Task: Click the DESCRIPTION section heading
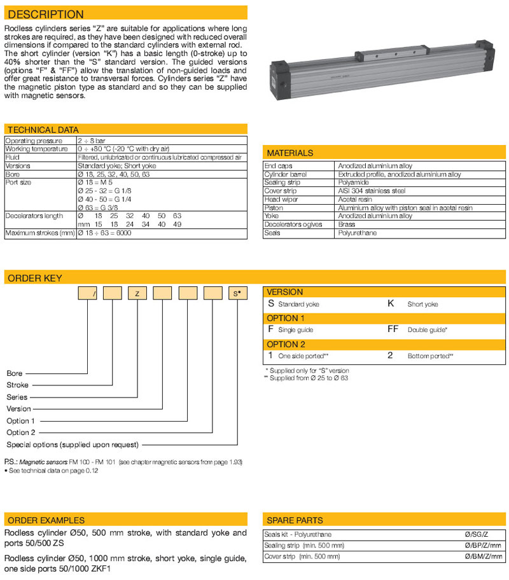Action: click(45, 14)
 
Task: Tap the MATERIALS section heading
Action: click(290, 153)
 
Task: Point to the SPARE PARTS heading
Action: click(295, 520)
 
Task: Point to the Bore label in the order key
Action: click(15, 374)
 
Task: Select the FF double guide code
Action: click(393, 330)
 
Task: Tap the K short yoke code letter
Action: click(391, 304)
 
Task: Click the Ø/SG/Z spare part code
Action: click(489, 534)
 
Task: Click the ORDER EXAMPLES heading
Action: click(45, 520)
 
